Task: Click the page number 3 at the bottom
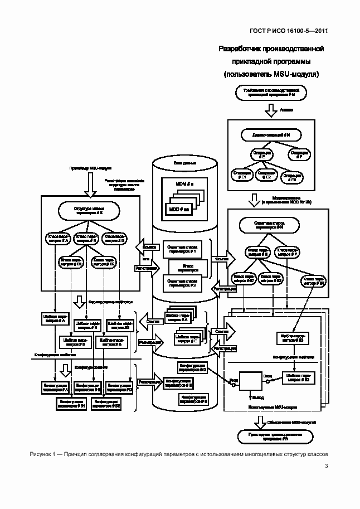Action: [326, 467]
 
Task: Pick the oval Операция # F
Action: [299, 154]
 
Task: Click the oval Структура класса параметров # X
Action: [89, 210]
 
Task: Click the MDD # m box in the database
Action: [179, 209]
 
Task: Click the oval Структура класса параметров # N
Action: [270, 225]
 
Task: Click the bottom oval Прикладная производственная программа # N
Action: [270, 438]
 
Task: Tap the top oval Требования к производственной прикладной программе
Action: [270, 93]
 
